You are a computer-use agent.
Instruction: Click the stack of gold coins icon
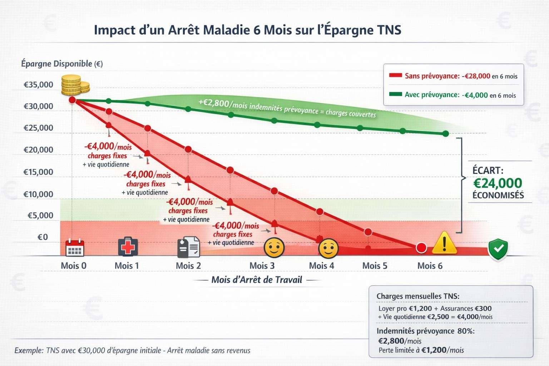point(74,85)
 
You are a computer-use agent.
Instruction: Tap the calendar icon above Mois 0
point(75,247)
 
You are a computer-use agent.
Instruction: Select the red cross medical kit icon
point(128,246)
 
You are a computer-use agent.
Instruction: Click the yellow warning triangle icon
point(444,243)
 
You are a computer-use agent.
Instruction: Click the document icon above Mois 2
point(188,247)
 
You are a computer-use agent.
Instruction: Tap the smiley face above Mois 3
point(274,247)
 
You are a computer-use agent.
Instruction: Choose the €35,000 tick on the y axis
point(38,85)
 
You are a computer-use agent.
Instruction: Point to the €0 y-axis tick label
point(43,237)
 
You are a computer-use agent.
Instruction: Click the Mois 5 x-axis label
point(375,266)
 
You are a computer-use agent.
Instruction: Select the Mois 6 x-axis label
point(430,266)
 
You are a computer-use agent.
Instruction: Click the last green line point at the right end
point(445,134)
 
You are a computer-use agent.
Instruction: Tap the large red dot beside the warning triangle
point(422,248)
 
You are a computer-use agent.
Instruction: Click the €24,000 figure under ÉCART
point(498,183)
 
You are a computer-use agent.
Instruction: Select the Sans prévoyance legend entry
point(453,76)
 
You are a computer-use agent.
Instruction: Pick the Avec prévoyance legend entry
point(452,95)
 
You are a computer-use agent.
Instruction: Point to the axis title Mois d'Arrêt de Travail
point(257,280)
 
